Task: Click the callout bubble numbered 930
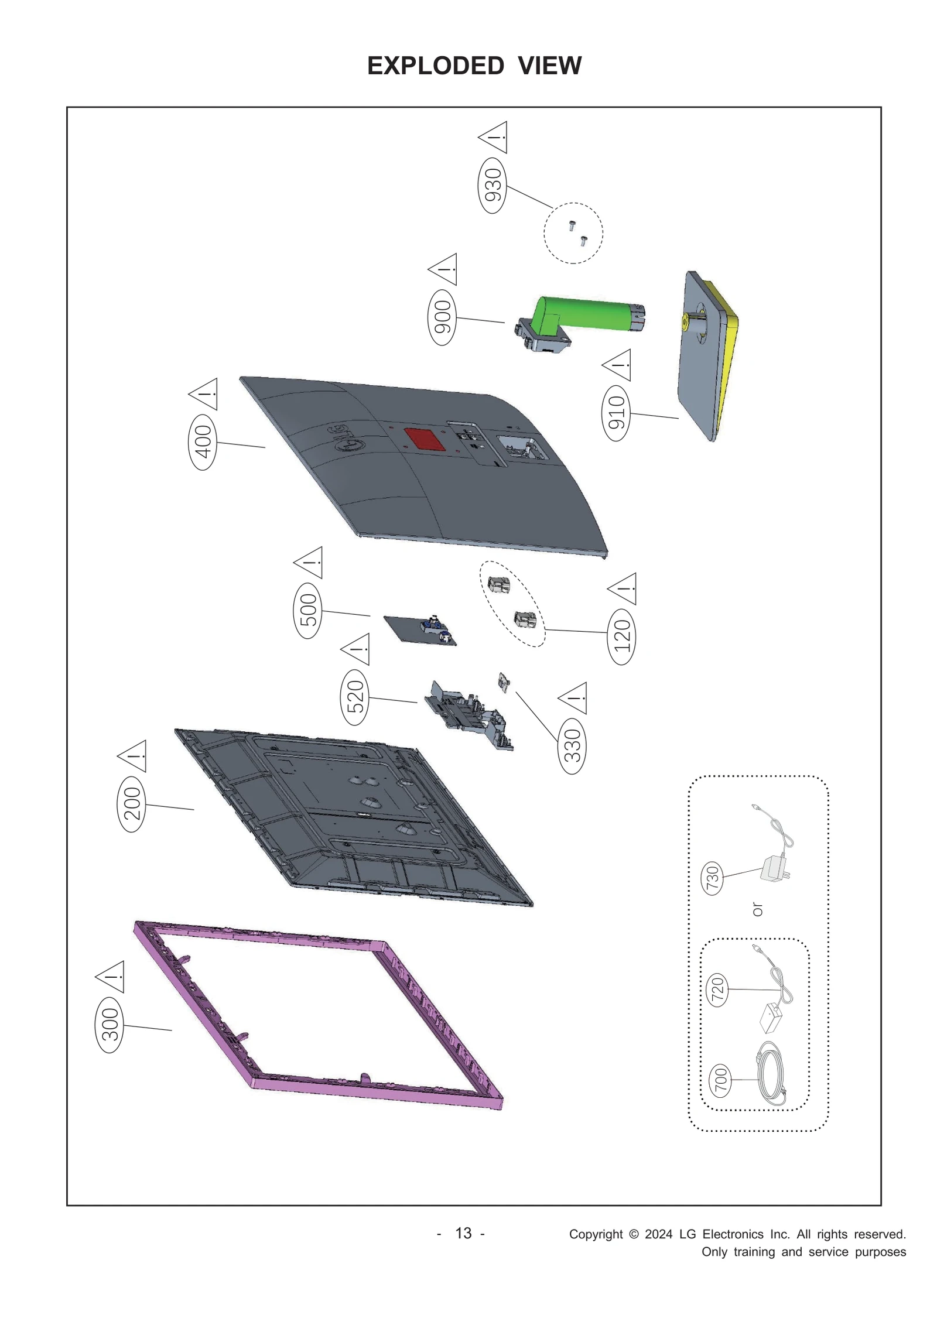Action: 493,184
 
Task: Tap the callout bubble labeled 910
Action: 616,412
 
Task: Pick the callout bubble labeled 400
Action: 202,441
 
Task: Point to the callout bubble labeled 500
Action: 307,610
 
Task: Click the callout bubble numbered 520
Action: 355,697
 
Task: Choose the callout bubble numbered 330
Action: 572,746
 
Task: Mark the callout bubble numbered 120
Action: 621,636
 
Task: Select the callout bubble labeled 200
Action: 132,804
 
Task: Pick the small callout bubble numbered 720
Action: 717,990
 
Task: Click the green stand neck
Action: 586,314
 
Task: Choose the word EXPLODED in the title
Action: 435,66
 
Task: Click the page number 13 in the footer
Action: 463,1233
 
